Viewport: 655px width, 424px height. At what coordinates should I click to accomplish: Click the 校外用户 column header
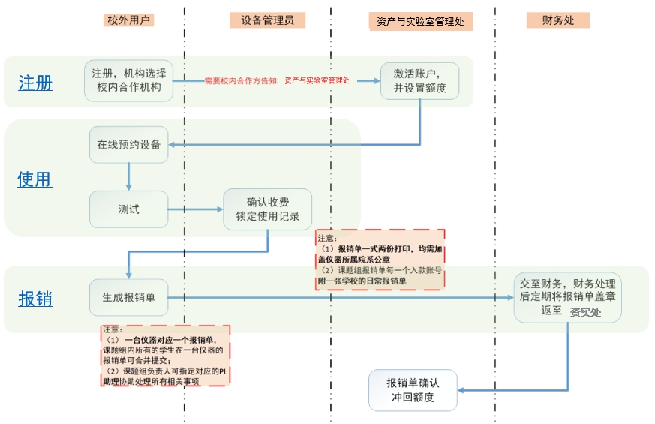click(129, 20)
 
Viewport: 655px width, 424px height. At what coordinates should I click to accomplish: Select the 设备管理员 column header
click(268, 20)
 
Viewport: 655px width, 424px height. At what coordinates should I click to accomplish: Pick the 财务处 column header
click(558, 20)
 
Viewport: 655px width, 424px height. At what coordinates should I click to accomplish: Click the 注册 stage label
click(35, 83)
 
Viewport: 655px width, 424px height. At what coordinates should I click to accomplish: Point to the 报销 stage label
click(35, 298)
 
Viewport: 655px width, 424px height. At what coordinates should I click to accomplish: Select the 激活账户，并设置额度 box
click(419, 80)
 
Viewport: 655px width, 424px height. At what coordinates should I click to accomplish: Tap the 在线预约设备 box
click(129, 145)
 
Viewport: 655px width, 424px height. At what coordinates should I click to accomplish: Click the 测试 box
click(129, 209)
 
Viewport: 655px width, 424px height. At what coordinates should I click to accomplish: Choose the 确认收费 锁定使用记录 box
click(268, 209)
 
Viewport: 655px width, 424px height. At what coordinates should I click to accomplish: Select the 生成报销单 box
click(129, 298)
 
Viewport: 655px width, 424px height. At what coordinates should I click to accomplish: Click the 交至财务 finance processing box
click(567, 298)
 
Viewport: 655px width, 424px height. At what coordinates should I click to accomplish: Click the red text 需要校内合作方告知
click(241, 81)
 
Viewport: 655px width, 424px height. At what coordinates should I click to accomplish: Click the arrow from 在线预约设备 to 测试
click(129, 177)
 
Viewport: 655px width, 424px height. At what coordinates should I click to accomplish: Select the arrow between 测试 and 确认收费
click(196, 209)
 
